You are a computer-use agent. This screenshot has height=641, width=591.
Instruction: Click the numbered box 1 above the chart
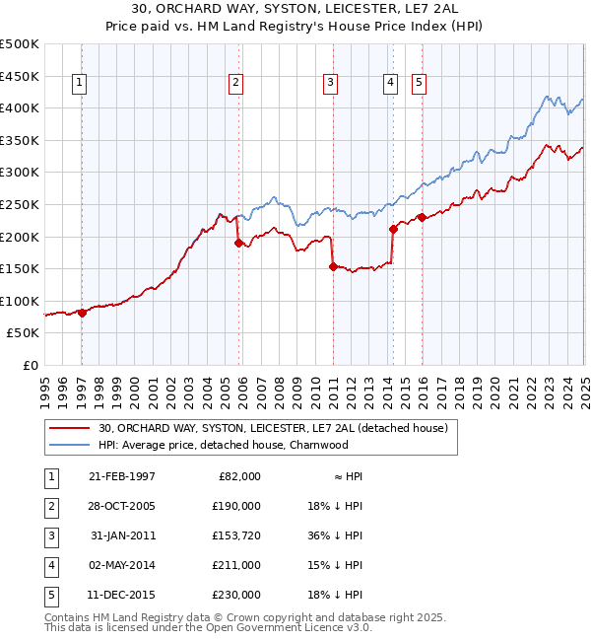(78, 84)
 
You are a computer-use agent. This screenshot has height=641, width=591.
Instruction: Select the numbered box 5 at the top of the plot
(419, 84)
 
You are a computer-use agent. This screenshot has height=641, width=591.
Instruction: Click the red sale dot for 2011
(333, 265)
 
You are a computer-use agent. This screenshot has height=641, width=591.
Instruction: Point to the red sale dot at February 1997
(82, 313)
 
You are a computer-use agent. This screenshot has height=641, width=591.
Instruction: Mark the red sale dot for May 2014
(393, 229)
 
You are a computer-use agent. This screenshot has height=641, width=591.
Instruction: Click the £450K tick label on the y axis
(19, 76)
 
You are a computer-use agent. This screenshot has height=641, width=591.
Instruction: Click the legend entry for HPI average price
(223, 445)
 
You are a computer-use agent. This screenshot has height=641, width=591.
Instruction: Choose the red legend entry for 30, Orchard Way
(273, 429)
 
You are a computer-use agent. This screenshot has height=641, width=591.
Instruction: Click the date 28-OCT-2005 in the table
(122, 506)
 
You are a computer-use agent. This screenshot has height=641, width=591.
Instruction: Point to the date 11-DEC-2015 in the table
(122, 595)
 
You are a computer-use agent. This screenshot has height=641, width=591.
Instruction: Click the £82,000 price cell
(237, 476)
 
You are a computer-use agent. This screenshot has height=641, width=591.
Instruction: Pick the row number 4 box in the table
(48, 565)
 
